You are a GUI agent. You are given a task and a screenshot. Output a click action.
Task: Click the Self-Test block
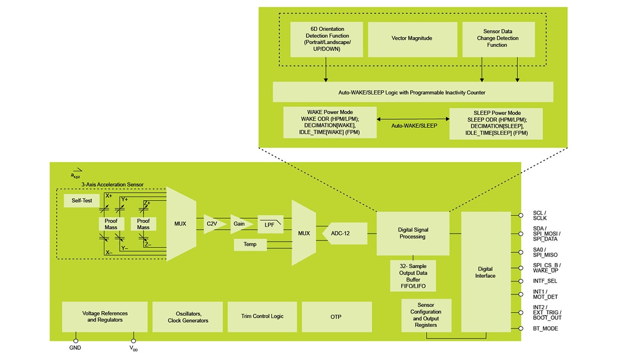tap(78, 201)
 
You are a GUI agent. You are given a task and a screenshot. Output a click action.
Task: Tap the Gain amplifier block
tap(240, 224)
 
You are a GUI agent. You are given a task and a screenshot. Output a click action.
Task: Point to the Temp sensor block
tap(250, 244)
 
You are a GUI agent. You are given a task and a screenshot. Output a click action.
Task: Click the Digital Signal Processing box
tap(413, 233)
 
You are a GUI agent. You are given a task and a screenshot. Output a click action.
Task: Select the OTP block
tap(336, 317)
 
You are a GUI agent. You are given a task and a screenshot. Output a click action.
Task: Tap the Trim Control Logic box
tap(262, 317)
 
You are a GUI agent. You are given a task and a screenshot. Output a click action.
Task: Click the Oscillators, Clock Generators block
tap(188, 317)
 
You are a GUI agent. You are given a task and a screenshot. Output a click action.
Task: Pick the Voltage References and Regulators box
tap(105, 317)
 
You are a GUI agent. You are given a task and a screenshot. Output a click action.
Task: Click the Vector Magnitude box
tap(412, 39)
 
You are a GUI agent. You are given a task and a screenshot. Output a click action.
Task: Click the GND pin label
tap(75, 348)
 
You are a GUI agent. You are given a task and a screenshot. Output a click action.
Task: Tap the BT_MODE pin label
tap(545, 329)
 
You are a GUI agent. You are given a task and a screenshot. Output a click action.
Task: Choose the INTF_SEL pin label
tap(545, 281)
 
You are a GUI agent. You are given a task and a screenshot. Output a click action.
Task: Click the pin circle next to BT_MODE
tap(521, 329)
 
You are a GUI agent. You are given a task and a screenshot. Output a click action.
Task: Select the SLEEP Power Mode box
tap(496, 124)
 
